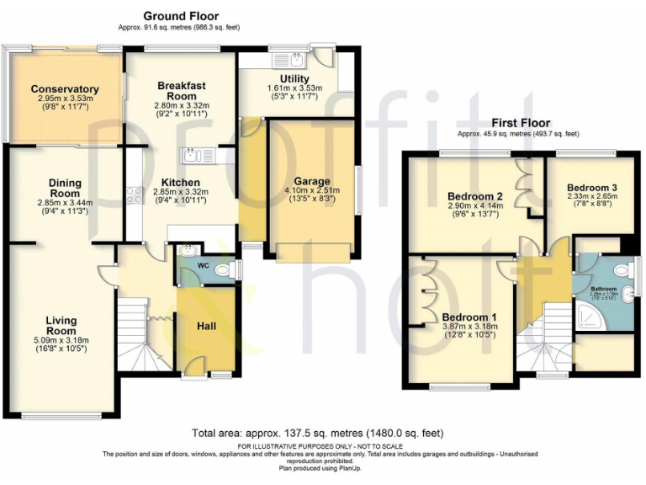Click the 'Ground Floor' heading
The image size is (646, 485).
pyautogui.click(x=180, y=16)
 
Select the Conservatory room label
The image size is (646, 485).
pyautogui.click(x=65, y=89)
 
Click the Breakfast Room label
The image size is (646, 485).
pyautogui.click(x=181, y=90)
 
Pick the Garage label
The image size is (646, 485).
pyautogui.click(x=311, y=181)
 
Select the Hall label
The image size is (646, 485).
pyautogui.click(x=207, y=326)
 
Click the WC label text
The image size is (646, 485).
pyautogui.click(x=203, y=266)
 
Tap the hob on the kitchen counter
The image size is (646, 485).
pyautogui.click(x=134, y=195)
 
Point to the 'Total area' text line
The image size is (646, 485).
pyautogui.click(x=316, y=432)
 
